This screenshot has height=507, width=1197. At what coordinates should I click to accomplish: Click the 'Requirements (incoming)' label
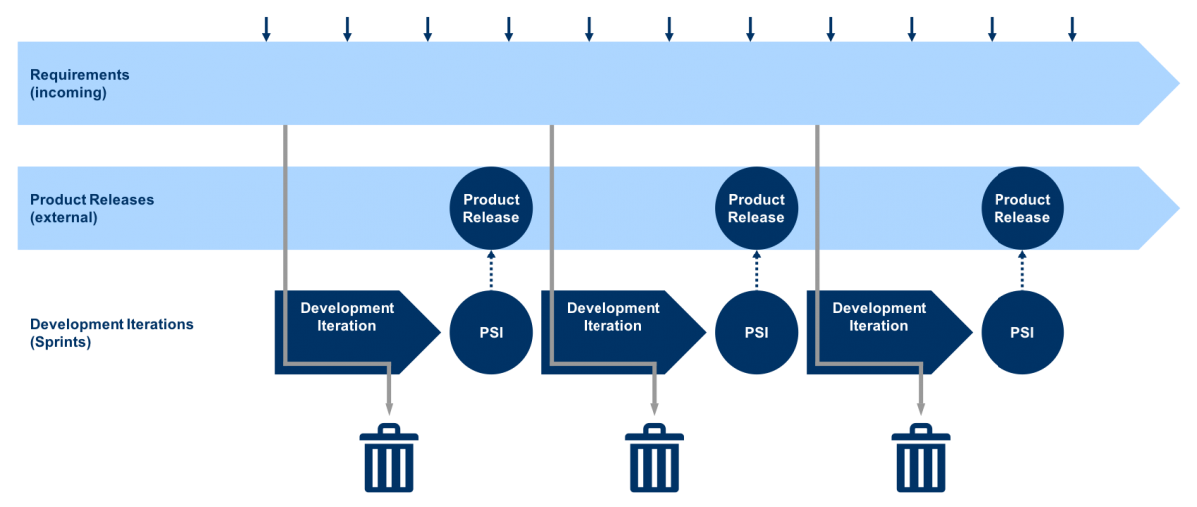point(79,84)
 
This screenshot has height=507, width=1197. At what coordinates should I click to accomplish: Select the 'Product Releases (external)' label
point(92,208)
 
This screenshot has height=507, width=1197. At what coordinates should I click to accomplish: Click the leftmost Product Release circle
point(491,208)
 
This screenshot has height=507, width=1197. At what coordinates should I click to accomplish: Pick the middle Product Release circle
point(756,208)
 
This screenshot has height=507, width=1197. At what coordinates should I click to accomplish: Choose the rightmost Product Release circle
point(1022,208)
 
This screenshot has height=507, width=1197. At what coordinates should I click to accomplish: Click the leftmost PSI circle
point(491,332)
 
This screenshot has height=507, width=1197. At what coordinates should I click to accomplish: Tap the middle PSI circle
point(756,332)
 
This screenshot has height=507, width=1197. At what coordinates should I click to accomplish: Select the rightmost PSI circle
point(1022,332)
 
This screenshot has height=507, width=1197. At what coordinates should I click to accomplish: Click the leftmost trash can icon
point(389,458)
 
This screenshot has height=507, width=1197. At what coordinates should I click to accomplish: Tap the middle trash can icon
point(655,458)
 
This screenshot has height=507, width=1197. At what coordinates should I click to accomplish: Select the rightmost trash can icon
point(921,458)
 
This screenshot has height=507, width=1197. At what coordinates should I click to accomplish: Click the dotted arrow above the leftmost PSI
point(491,269)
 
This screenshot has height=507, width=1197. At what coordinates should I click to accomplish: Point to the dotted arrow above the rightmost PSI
point(1022,269)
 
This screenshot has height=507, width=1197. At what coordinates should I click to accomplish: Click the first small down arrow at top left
point(266,29)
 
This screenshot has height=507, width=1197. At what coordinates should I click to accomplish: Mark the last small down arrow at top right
point(1072,29)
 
